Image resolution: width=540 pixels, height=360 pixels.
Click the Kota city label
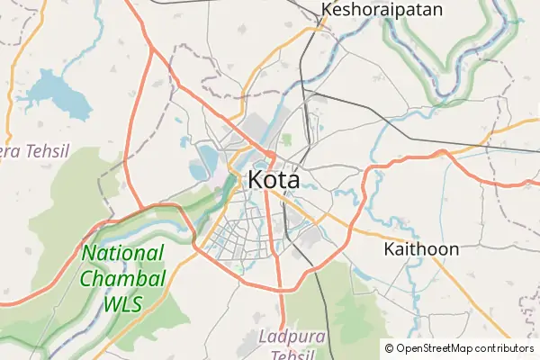[x=274, y=179]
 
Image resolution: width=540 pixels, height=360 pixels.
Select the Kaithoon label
[x=421, y=248]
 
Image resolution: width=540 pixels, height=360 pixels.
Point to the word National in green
[x=123, y=255]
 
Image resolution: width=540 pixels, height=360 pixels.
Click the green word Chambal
[x=122, y=279]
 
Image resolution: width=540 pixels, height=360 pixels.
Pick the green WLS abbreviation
[x=122, y=303]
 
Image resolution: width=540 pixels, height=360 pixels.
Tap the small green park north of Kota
[x=287, y=140]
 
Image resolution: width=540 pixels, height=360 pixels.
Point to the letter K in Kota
[x=256, y=179]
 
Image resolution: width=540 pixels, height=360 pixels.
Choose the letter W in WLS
[x=111, y=303]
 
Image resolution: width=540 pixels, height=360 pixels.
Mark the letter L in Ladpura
[x=262, y=337]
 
